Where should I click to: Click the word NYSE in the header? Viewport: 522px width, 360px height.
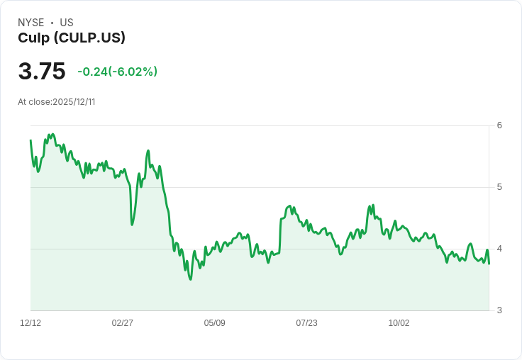coord(31,23)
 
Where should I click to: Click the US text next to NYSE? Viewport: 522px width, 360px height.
coord(67,23)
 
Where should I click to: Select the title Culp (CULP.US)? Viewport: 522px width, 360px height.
coord(72,38)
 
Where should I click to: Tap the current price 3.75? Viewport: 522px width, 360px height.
coord(42,72)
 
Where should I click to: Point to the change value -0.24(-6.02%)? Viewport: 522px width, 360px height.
coord(117,72)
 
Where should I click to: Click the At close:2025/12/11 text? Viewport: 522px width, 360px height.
coord(57,102)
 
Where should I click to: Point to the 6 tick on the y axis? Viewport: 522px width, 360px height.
coord(499,125)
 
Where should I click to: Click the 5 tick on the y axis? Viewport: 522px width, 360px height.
coord(499,187)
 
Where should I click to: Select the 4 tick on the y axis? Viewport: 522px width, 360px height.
coord(499,249)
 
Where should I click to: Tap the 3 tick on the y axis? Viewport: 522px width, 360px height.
coord(499,310)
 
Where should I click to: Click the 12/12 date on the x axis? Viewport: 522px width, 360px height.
coord(30,323)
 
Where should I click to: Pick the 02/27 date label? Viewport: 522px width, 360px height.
coord(123,323)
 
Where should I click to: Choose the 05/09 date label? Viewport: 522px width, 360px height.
coord(215,323)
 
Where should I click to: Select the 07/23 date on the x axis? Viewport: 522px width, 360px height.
coord(306,323)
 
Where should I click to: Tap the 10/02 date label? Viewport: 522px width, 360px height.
coord(399,323)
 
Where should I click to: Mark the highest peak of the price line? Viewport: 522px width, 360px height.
coord(52,134)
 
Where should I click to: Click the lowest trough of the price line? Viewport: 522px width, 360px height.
coord(190,279)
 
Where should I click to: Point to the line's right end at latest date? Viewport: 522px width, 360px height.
coord(489,264)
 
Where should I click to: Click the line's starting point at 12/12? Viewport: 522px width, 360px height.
coord(30,140)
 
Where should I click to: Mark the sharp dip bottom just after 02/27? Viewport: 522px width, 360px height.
coord(132,225)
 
